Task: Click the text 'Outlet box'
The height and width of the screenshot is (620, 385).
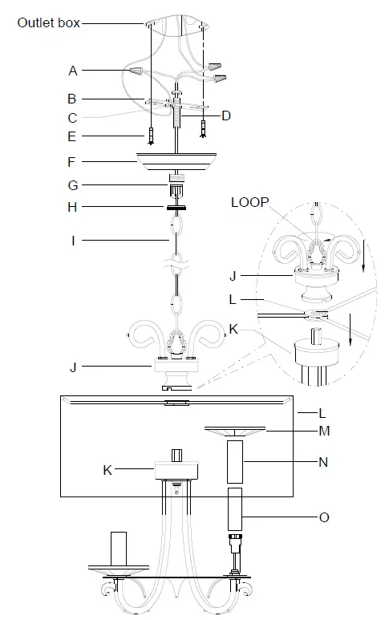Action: point(49,22)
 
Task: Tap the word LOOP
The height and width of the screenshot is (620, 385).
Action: point(249,202)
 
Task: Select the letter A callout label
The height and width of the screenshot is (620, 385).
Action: point(73,71)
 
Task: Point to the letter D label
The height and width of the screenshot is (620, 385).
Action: point(225,115)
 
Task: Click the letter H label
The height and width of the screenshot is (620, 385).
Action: point(72,207)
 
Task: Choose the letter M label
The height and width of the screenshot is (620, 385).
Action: point(324,431)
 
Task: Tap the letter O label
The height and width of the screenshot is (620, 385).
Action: point(324,517)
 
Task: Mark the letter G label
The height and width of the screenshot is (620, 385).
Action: point(73,185)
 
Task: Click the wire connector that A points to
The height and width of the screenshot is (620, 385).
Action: point(137,71)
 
